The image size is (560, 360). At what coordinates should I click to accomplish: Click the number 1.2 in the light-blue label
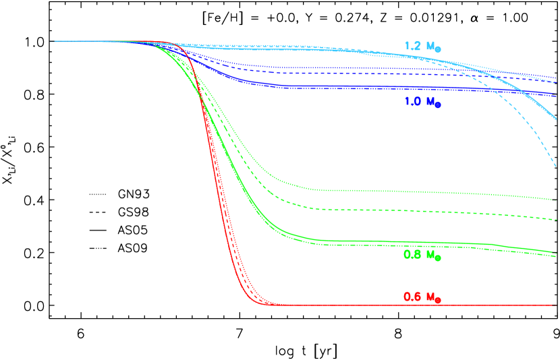tap(412, 46)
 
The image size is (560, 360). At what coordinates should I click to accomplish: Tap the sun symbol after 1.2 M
tap(438, 50)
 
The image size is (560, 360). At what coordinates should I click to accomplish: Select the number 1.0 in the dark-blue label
tap(412, 101)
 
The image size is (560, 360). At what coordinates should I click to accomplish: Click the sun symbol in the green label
tap(438, 258)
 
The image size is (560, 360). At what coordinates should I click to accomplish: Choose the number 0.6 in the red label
tap(412, 296)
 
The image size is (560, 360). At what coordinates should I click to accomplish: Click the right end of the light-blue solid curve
tap(557, 119)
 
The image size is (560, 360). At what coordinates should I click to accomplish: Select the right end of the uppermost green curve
tap(557, 200)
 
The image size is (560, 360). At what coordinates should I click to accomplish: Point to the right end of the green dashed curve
tap(557, 220)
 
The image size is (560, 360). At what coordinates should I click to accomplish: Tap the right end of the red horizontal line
tap(557, 305)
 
